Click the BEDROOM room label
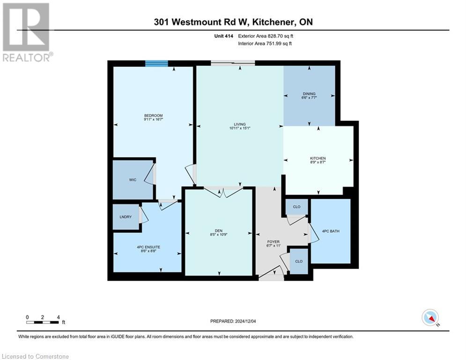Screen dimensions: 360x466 click(x=153, y=116)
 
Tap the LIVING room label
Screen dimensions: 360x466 click(x=240, y=124)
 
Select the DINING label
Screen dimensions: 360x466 click(x=309, y=94)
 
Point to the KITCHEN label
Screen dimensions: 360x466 click(x=318, y=158)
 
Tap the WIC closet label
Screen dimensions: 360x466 click(x=133, y=180)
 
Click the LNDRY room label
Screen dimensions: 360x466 click(x=125, y=217)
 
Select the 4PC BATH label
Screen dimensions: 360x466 click(x=331, y=231)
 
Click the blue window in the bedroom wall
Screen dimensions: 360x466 click(x=156, y=64)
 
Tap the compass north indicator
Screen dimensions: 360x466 click(x=430, y=318)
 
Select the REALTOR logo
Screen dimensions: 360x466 click(x=26, y=32)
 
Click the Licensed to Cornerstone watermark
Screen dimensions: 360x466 click(x=35, y=357)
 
